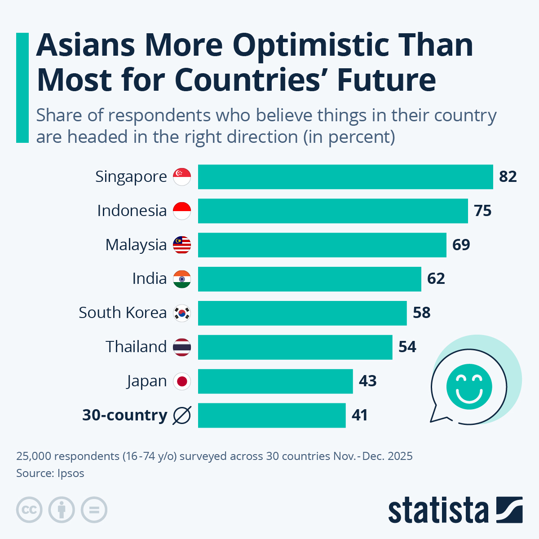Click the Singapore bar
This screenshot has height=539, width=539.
click(x=345, y=177)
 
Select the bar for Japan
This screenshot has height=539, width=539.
click(x=275, y=381)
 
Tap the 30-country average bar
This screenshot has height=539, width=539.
click(x=272, y=415)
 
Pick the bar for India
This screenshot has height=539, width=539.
click(x=309, y=279)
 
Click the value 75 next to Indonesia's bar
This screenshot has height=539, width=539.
click(x=483, y=211)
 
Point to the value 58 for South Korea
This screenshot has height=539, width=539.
click(x=422, y=313)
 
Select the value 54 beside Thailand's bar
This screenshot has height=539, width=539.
click(x=407, y=347)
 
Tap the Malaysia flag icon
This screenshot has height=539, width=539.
click(x=182, y=245)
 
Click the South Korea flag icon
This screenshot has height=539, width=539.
click(x=182, y=313)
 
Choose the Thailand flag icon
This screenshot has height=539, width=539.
click(x=182, y=347)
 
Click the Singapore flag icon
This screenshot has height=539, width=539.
click(x=182, y=177)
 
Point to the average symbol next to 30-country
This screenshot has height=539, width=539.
click(x=182, y=415)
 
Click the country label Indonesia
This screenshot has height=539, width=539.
click(x=132, y=211)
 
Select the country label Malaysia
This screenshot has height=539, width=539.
click(x=136, y=245)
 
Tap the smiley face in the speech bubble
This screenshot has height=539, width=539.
click(x=469, y=386)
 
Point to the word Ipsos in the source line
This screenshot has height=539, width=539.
click(x=71, y=473)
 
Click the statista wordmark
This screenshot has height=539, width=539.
click(x=438, y=511)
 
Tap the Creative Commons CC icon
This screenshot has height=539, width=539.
click(x=30, y=510)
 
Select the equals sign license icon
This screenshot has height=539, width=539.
click(x=94, y=510)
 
